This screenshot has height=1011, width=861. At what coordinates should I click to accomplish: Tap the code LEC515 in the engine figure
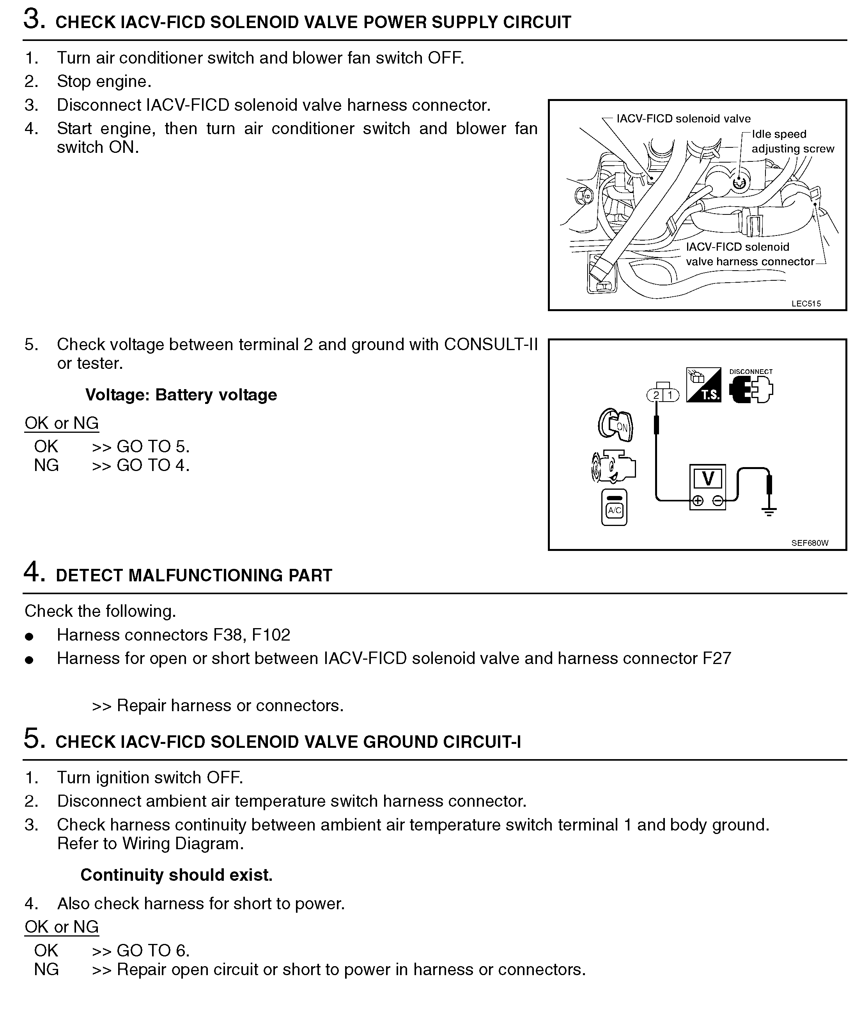click(x=806, y=303)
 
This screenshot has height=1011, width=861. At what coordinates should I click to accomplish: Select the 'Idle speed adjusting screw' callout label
click(x=792, y=142)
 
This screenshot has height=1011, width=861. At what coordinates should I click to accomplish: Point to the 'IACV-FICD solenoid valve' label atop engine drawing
click(x=683, y=119)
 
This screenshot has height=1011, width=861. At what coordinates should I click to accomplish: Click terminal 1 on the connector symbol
click(x=671, y=395)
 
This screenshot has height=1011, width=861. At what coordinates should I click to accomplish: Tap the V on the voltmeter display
click(x=708, y=478)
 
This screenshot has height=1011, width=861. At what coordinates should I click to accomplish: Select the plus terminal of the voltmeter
click(x=698, y=501)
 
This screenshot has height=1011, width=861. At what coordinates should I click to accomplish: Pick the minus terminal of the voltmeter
click(x=718, y=501)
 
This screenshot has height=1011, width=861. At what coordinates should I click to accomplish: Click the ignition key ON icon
click(x=616, y=425)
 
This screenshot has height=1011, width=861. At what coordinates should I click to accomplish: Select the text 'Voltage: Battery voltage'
click(x=181, y=395)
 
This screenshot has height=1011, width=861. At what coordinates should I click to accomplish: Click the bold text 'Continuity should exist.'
click(x=176, y=875)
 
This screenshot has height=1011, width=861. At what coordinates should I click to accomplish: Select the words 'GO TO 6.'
click(x=153, y=951)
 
